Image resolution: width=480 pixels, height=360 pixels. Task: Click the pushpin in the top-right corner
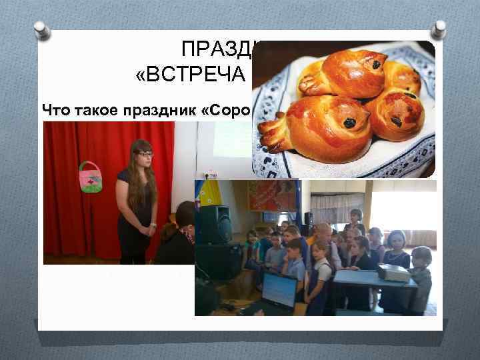(x=438, y=29)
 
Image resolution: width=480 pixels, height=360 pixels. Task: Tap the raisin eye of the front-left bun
(x=349, y=122)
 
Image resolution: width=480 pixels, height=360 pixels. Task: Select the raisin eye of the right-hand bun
(x=397, y=121)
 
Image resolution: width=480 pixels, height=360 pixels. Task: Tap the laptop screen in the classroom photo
(x=279, y=291)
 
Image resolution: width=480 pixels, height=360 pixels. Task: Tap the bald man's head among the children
(x=323, y=233)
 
